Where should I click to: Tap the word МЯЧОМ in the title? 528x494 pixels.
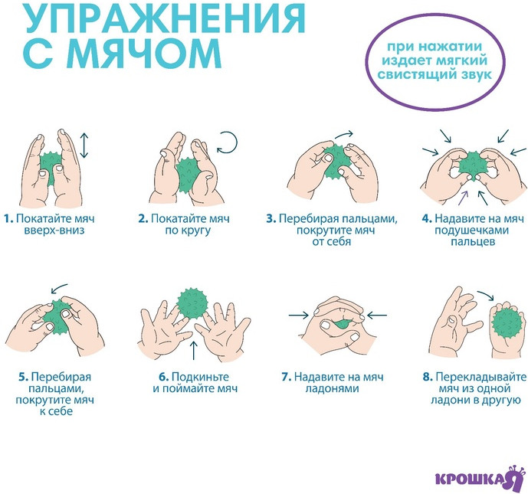[x=147, y=54]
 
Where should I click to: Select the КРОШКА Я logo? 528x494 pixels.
[x=480, y=478]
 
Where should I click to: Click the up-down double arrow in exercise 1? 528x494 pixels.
[x=84, y=146]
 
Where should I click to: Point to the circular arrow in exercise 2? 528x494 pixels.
[x=228, y=142]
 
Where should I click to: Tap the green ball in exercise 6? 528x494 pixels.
[x=193, y=303]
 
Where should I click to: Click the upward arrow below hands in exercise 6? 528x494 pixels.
[x=193, y=350]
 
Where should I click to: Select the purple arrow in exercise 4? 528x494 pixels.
[x=464, y=198]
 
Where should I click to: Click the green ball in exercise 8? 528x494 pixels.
[x=507, y=322]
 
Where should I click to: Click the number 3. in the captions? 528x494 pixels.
[x=271, y=219]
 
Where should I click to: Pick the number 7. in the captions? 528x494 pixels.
[x=287, y=377]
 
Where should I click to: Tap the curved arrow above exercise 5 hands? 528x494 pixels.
[x=59, y=289]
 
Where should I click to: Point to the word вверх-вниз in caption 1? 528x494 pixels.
[x=54, y=231]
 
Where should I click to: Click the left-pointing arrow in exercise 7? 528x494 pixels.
[x=377, y=316]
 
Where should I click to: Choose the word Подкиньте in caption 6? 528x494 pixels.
[x=200, y=377]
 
